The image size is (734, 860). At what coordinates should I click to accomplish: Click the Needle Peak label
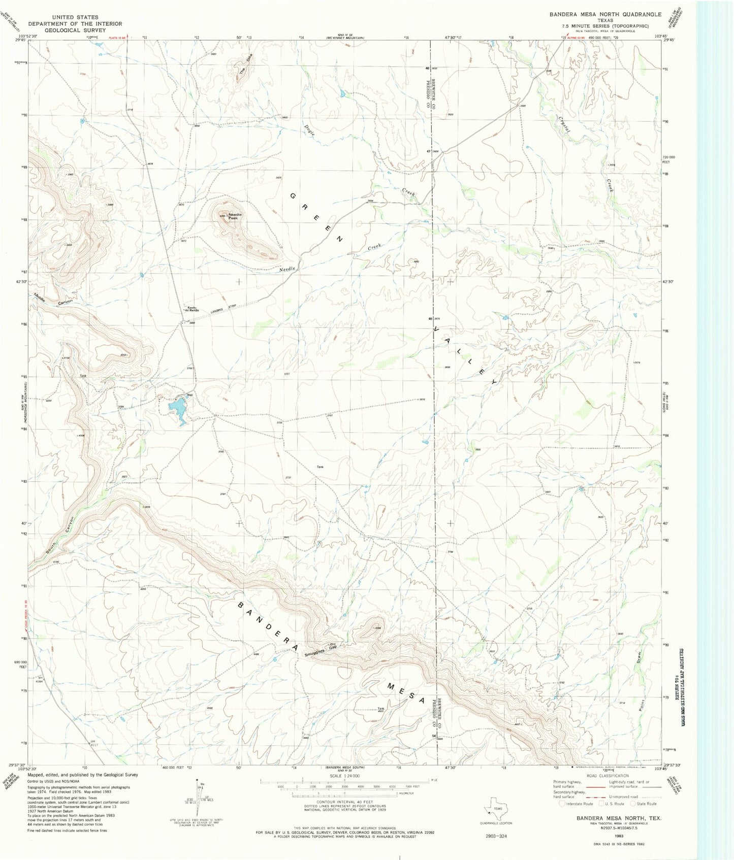point(236,216)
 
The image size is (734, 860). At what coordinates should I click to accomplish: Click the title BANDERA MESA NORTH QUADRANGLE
point(605,14)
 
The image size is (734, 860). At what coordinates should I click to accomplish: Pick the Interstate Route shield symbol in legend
point(562,803)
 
